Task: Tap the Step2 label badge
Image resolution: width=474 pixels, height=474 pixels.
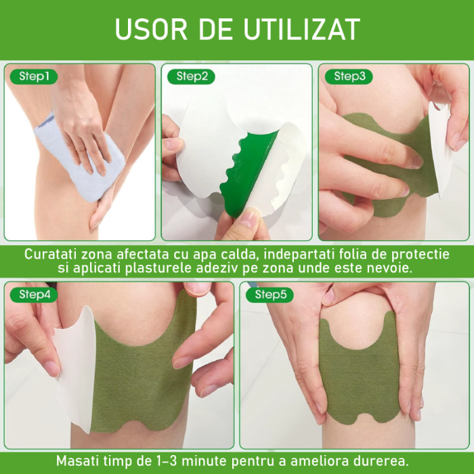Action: pos(192,77)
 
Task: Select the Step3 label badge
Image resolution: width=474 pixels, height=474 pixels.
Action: pos(349,77)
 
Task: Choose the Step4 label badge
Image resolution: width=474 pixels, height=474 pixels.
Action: pos(35,295)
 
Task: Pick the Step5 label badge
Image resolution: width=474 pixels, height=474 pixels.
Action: pos(270,295)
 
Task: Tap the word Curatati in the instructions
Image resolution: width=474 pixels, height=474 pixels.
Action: pos(51,254)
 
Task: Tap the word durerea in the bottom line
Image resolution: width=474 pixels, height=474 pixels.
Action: pos(383,460)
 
